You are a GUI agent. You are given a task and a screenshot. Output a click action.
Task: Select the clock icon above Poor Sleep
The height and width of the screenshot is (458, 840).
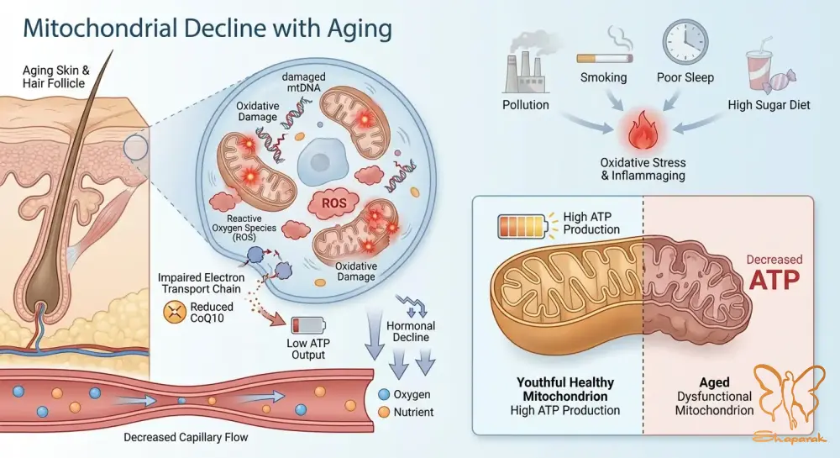tap(685, 43)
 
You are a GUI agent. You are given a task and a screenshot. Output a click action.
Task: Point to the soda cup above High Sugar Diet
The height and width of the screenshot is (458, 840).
tap(761, 69)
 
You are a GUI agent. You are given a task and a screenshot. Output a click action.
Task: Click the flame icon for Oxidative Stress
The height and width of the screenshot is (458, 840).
tap(642, 132)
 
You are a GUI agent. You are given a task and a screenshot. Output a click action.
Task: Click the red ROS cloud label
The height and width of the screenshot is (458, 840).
tap(333, 204)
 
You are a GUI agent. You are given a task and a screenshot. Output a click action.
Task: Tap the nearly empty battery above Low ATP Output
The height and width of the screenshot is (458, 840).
tap(307, 326)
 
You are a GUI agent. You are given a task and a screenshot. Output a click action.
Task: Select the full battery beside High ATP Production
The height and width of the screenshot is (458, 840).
tap(522, 226)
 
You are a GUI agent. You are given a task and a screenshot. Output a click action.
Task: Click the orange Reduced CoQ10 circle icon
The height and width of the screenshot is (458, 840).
tap(174, 313)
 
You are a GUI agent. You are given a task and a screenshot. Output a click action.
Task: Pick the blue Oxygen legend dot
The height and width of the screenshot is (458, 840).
tap(384, 394)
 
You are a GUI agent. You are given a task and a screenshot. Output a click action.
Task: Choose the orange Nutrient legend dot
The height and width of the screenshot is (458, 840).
tap(384, 412)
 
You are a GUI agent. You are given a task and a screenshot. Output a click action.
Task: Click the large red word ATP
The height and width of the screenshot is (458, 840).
tap(774, 280)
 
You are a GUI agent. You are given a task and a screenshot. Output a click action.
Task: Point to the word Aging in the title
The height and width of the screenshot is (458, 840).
tap(360, 29)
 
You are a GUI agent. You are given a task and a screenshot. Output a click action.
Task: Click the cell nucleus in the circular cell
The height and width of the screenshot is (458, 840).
tap(320, 161)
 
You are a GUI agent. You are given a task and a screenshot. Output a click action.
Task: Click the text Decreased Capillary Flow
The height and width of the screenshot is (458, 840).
tap(186, 437)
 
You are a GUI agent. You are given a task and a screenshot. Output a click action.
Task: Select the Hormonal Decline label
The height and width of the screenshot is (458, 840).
tap(411, 332)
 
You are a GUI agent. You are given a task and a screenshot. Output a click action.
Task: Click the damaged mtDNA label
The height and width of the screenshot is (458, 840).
tap(304, 82)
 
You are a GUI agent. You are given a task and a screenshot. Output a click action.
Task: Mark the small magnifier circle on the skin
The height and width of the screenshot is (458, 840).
tap(135, 148)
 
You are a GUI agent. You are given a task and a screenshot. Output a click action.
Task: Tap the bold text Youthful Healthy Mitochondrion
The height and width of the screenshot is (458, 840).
tap(565, 389)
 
